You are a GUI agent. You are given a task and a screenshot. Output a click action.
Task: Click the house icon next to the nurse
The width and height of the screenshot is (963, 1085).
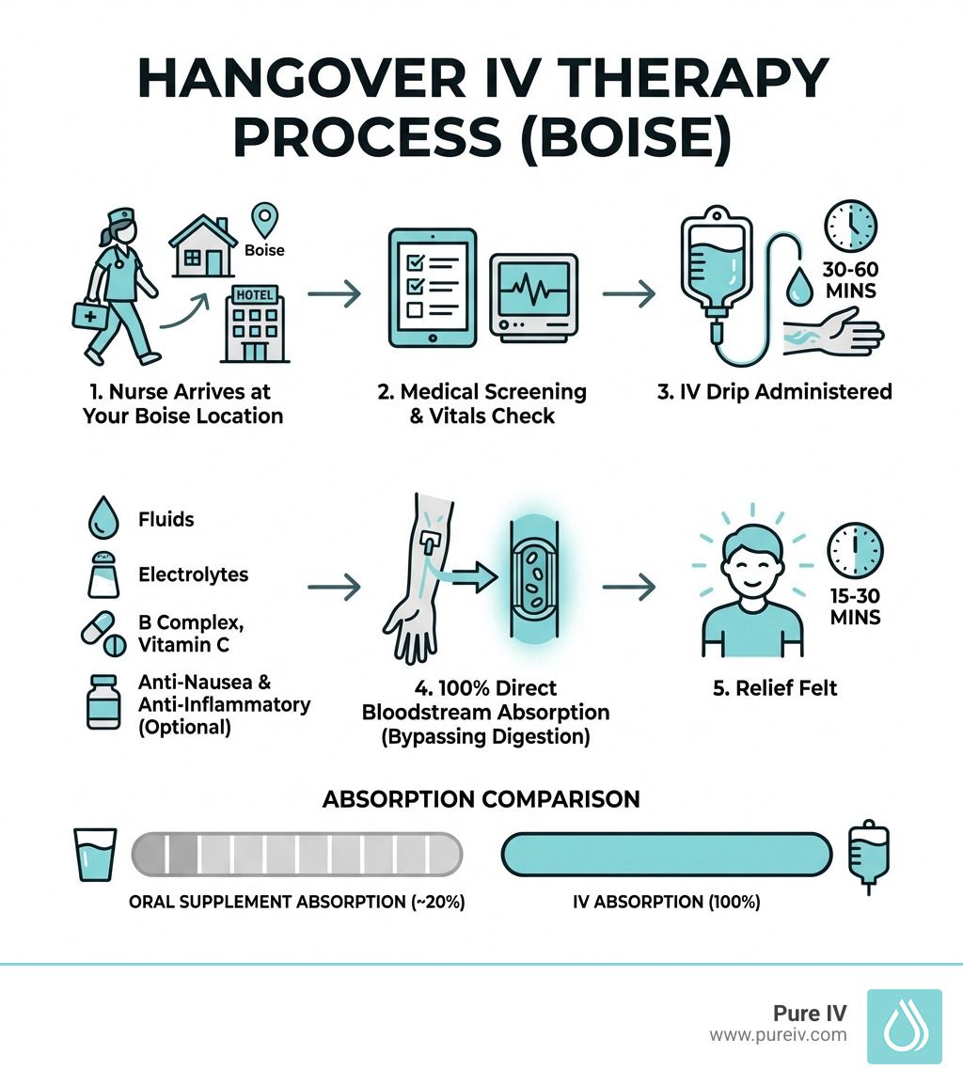tap(202, 245)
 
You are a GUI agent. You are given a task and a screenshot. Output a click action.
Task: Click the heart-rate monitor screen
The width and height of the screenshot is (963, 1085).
tap(532, 288)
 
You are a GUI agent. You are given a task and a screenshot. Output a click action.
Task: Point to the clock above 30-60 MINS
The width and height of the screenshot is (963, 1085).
tap(849, 226)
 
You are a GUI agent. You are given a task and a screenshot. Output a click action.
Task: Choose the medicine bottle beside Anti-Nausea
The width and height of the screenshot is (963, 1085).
tap(101, 701)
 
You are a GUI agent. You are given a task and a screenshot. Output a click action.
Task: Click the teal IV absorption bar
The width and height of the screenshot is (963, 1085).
tap(667, 854)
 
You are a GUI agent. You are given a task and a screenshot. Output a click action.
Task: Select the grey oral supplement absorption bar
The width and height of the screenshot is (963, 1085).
tap(297, 854)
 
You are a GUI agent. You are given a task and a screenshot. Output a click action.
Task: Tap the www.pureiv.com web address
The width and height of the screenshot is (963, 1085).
tap(778, 1035)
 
